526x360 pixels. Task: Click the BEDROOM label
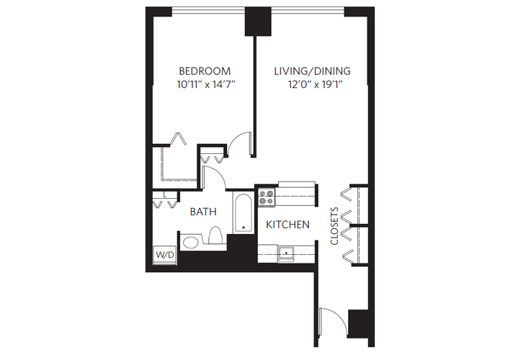[x=205, y=71]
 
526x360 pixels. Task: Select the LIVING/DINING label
[x=312, y=71]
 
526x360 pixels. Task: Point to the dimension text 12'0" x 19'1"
[x=312, y=84]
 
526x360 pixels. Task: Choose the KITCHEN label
[x=288, y=225]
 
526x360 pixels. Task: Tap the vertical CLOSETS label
[x=335, y=226]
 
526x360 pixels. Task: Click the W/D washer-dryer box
[x=164, y=255]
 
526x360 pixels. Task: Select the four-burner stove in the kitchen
[x=266, y=197]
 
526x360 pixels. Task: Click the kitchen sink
[x=287, y=253]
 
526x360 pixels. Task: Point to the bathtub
[x=244, y=213]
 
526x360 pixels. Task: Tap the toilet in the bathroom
[x=215, y=236]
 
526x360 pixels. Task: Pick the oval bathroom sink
[x=191, y=242]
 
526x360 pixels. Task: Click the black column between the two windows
[x=256, y=22]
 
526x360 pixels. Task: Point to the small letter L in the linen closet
[x=165, y=195]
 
